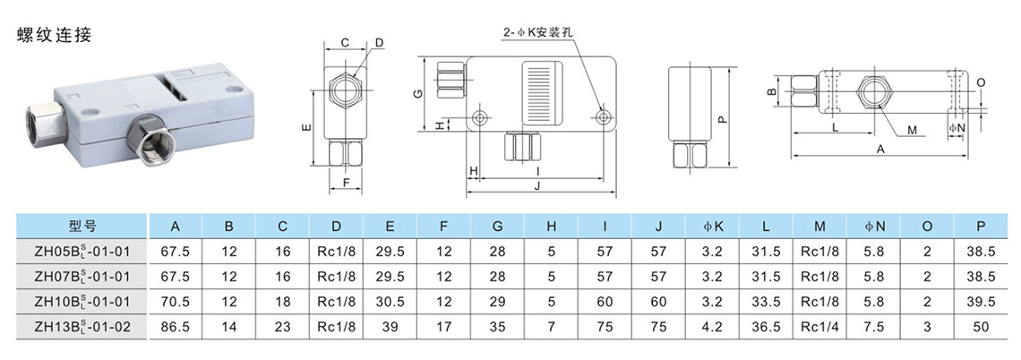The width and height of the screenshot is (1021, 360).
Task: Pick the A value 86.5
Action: pyautogui.click(x=176, y=328)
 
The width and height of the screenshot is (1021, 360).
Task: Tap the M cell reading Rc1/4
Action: pyautogui.click(x=819, y=328)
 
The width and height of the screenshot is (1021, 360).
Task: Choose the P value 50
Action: pyautogui.click(x=982, y=328)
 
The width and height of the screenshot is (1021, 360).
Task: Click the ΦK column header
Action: pyautogui.click(x=712, y=226)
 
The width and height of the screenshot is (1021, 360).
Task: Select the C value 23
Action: pyautogui.click(x=283, y=328)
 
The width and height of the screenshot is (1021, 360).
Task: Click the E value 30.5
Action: pyautogui.click(x=390, y=303)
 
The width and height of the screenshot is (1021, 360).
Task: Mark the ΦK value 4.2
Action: pyautogui.click(x=712, y=328)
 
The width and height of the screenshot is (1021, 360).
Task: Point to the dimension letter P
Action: pyautogui.click(x=723, y=117)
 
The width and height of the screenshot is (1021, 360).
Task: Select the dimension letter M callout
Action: pyautogui.click(x=912, y=131)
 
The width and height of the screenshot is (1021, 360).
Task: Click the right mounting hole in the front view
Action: pyautogui.click(x=604, y=117)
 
